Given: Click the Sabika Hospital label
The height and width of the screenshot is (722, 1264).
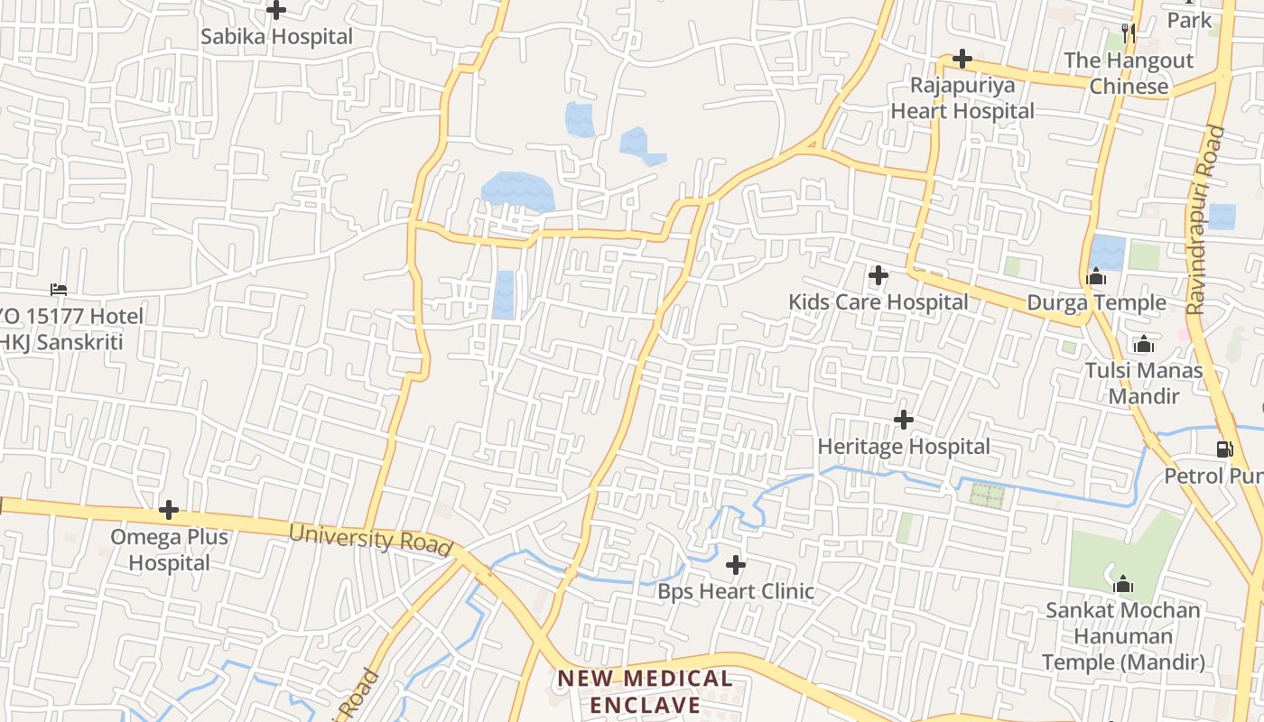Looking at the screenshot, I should click(276, 37).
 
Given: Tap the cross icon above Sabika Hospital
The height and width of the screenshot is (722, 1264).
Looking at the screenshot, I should click(276, 11).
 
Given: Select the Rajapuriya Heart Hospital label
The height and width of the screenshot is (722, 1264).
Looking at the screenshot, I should click(962, 98).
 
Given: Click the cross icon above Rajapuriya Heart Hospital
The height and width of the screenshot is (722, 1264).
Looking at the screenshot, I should click(962, 60).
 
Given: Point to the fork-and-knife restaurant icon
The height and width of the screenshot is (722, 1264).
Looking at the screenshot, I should click(1128, 33).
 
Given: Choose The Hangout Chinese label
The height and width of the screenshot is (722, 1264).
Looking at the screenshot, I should click(1129, 73).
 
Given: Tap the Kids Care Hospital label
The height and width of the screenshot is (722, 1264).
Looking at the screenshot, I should click(878, 302).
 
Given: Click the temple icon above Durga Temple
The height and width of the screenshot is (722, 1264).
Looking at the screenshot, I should click(1096, 277).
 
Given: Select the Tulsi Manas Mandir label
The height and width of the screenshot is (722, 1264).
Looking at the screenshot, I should click(1144, 383).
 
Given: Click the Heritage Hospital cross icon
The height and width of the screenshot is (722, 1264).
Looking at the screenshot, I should click(903, 420).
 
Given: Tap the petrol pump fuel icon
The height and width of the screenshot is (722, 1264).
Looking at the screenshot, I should click(1224, 449).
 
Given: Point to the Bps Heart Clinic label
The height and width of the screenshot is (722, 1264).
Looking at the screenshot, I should click(736, 592).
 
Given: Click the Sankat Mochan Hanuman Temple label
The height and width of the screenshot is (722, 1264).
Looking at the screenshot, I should click(1123, 636).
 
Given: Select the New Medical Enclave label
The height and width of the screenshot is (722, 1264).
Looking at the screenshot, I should click(645, 691).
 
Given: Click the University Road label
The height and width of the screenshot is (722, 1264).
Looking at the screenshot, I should click(370, 539).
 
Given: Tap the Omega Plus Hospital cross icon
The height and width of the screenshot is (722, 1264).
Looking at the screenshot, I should click(169, 511).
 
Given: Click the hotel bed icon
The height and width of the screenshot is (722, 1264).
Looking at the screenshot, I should click(59, 290).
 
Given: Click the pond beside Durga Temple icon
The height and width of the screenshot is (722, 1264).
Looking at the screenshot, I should click(1108, 252).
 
